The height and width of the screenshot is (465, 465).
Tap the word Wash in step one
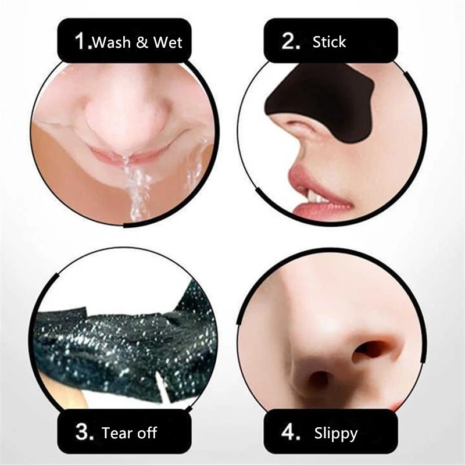click(113, 42)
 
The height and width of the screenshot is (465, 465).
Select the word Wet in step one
click(168, 42)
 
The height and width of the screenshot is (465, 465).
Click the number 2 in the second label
click(289, 41)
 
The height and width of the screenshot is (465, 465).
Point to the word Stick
click(329, 42)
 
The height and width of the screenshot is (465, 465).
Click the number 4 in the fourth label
click(289, 432)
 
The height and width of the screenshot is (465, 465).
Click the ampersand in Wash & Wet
click(144, 42)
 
